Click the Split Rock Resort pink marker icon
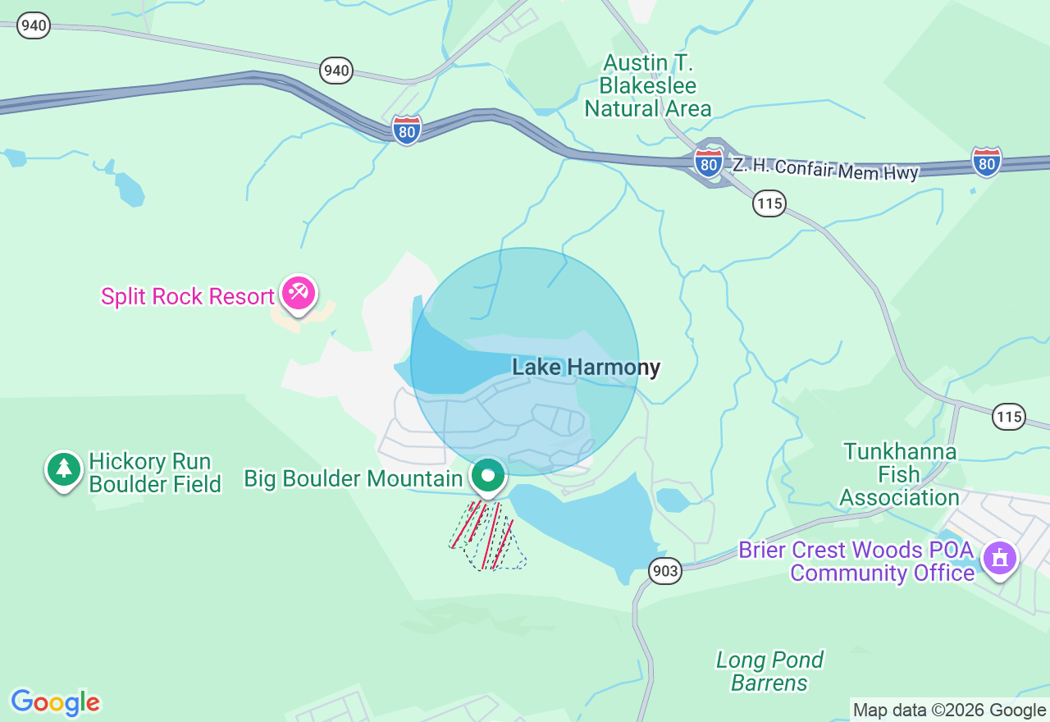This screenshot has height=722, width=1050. [298, 292]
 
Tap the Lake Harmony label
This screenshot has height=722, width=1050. [586, 367]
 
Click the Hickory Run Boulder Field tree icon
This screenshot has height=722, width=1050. [64, 470]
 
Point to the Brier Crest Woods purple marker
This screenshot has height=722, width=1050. [999, 559]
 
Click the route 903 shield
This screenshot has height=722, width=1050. [664, 570]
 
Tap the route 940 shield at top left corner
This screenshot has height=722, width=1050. [34, 25]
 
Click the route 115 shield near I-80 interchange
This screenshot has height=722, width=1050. [769, 203]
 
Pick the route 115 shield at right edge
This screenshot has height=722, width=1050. [1008, 416]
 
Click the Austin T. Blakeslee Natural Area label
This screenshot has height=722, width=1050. [647, 85]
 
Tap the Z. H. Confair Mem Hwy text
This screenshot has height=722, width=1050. [825, 168]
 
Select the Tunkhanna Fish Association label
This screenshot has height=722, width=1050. [900, 474]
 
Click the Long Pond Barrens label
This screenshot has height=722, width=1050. [769, 671]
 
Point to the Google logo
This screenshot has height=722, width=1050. [56, 702]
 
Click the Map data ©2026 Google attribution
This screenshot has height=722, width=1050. [949, 710]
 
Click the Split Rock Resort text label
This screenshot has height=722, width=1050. [187, 296]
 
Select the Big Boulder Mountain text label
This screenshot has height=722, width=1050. [354, 478]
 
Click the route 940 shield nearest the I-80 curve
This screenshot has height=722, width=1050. [336, 71]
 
